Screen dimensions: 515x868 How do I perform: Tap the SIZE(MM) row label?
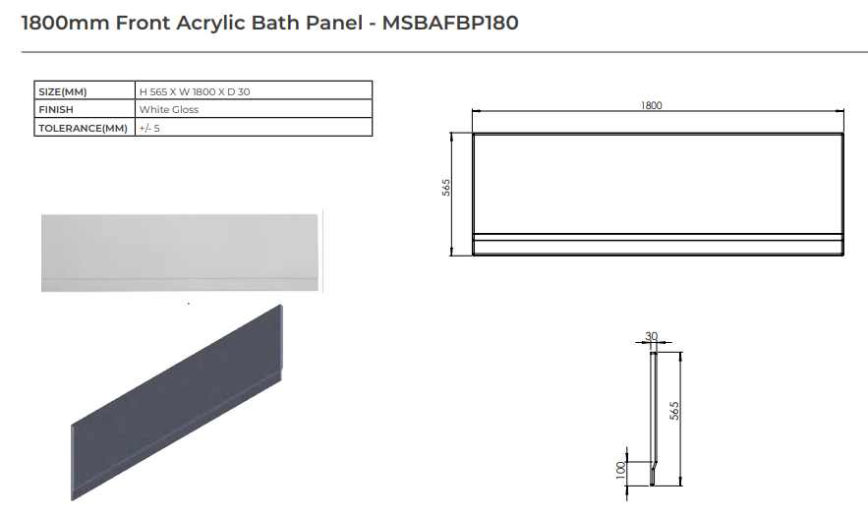(62, 91)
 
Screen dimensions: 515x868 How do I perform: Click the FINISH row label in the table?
(55, 110)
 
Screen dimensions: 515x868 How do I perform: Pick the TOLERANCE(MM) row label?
(83, 128)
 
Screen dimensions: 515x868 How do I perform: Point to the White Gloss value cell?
(169, 110)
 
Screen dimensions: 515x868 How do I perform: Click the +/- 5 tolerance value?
(150, 128)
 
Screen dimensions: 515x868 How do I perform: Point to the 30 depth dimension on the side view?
(651, 336)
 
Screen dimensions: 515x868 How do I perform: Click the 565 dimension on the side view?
(675, 411)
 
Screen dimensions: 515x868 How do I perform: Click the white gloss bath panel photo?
(181, 251)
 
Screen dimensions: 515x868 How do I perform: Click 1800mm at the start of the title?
(64, 22)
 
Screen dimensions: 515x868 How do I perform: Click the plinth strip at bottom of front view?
(657, 244)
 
